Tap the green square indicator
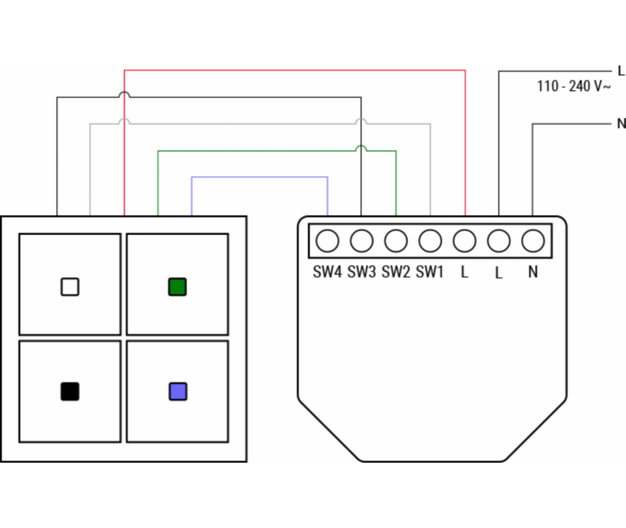pos(178,287)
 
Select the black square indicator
pos(70,392)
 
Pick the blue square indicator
pos(178,392)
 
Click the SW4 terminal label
pos(327,272)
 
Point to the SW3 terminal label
pos(362,272)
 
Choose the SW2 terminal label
pos(396,272)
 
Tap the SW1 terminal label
pos(430,272)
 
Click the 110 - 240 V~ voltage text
pos(574,86)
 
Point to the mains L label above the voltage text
pos(621,71)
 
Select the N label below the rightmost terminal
pos(533,272)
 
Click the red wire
pos(295,71)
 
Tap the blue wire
pos(260,177)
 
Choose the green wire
pos(277,151)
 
